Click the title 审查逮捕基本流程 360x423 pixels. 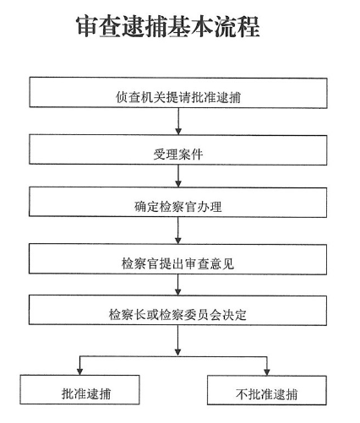coord(168,26)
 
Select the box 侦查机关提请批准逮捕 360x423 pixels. coord(178,93)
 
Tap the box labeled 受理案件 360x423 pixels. coord(178,149)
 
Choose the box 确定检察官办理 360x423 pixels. coord(177,202)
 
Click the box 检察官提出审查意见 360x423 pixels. coord(177,259)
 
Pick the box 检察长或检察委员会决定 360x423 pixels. coord(177,310)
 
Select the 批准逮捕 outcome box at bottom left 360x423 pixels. coord(79,390)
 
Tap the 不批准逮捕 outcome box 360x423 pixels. coord(267,390)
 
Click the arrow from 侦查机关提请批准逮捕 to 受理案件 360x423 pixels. coord(178,122)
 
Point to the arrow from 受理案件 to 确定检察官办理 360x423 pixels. coord(178,176)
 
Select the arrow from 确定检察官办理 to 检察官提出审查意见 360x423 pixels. coord(178,230)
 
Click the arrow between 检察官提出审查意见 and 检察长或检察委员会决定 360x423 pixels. coord(178,285)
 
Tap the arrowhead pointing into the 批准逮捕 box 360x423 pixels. coord(79,371)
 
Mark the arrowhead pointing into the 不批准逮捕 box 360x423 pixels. coord(267,371)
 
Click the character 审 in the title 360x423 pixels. coord(87,26)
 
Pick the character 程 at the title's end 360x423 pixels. coord(248,27)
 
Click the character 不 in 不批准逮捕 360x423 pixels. coord(242,394)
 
